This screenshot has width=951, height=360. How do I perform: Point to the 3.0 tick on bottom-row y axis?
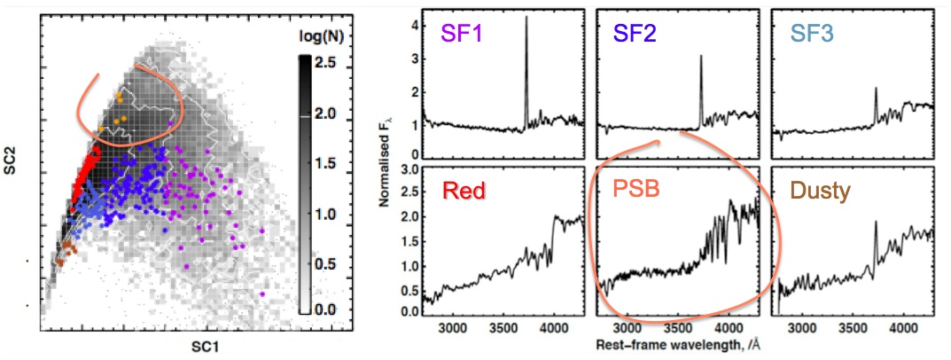point(406,168)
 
